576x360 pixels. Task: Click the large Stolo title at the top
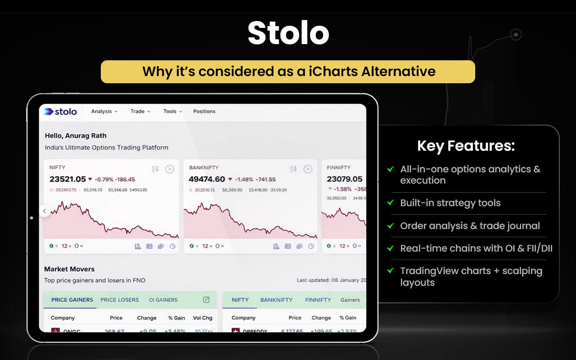point(288,33)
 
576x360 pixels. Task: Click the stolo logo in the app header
point(61,112)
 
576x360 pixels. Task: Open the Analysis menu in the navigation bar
point(104,112)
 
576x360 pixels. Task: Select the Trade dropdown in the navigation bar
point(140,112)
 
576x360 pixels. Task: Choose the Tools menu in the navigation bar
point(172,112)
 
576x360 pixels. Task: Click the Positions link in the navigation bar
point(204,112)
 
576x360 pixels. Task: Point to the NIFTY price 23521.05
point(67,179)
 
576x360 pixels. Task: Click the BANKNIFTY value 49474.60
point(207,179)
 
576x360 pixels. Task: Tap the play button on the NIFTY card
point(169,169)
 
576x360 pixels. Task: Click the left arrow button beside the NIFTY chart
point(44,211)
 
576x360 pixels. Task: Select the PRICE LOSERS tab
point(119,300)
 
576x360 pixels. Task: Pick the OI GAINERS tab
point(163,300)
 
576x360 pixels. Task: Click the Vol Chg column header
point(202,318)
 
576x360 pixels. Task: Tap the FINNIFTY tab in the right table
point(318,300)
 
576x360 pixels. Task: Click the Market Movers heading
point(69,269)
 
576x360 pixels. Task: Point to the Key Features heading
point(466,146)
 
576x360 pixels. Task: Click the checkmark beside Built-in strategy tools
point(391,203)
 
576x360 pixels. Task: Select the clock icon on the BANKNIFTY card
point(311,246)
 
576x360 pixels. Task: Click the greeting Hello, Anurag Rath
point(76,135)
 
